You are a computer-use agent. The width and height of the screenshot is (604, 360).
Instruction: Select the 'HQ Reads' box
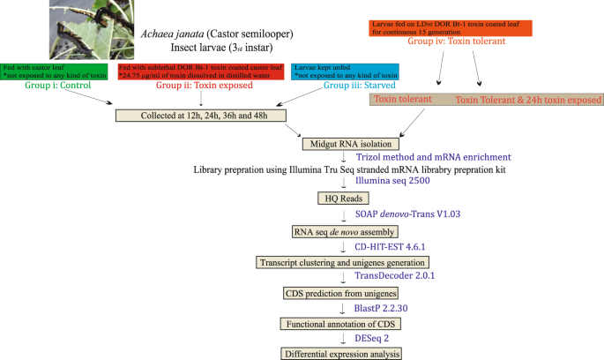click(338, 200)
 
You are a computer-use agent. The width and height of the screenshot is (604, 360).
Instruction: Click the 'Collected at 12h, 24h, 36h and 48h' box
click(201, 115)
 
